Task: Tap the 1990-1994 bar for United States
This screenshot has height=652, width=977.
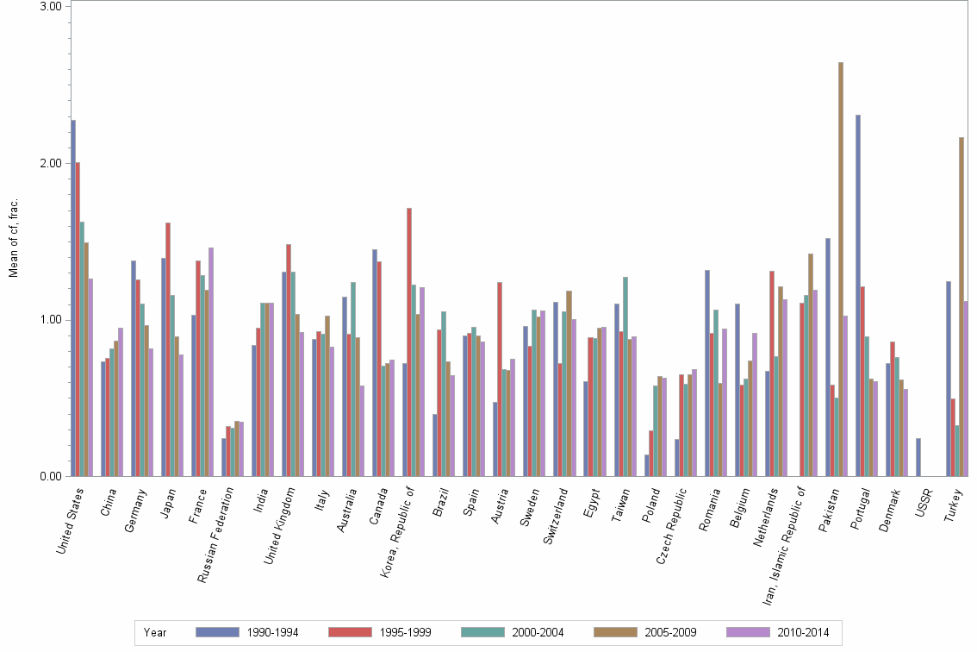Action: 73,298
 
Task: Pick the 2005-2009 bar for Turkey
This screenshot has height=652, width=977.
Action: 961,306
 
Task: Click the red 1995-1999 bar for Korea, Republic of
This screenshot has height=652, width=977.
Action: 409,342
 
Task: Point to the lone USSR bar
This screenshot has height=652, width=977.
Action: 918,457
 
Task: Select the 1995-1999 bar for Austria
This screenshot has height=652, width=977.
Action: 500,379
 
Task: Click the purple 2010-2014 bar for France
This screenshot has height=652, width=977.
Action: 211,362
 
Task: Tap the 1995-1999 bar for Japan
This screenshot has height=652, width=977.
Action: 168,349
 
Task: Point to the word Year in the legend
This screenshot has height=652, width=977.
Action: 156,632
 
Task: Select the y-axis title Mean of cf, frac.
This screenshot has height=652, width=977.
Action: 12,237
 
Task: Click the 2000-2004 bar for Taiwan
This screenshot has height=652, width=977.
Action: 625,376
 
